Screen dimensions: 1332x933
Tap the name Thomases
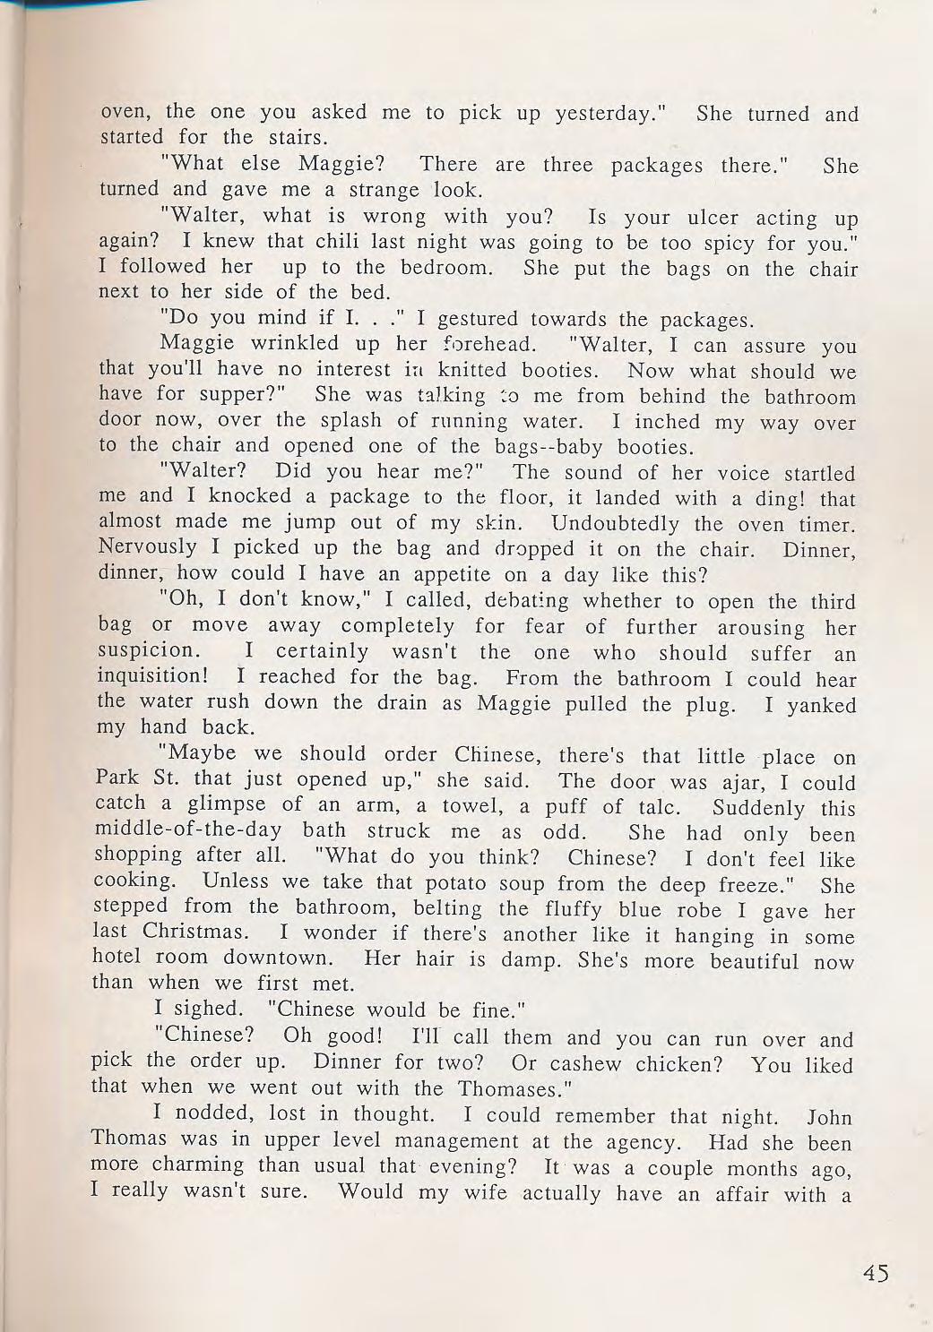tap(514, 1089)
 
